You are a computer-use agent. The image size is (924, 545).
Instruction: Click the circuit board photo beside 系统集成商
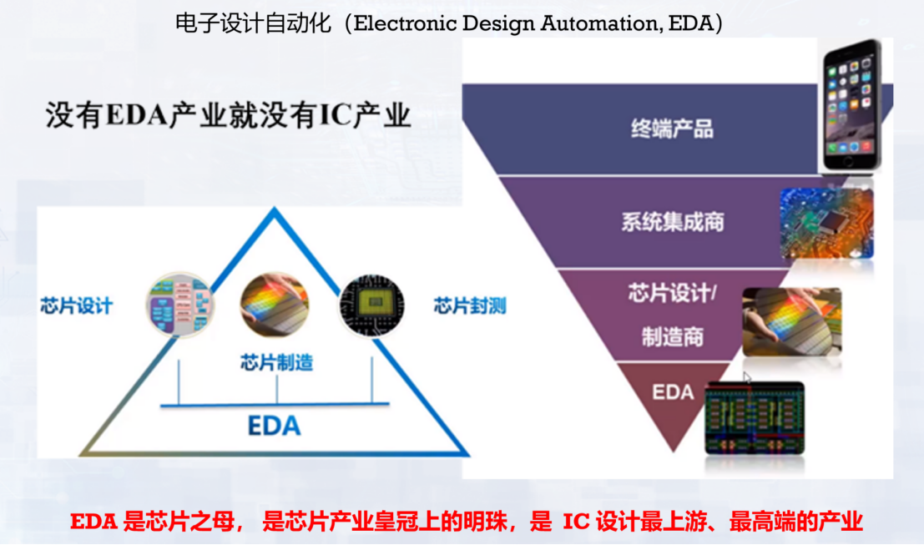(x=826, y=222)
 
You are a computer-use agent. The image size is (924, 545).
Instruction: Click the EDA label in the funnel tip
(x=673, y=391)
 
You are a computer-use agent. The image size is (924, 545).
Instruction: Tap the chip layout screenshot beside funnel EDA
(x=755, y=417)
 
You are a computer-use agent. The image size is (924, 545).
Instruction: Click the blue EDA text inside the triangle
(x=274, y=426)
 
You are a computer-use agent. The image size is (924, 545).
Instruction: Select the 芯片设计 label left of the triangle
(x=76, y=305)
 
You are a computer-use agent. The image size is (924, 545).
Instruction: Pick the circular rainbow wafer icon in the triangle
(x=275, y=305)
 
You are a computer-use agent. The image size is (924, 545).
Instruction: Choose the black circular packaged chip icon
(x=371, y=305)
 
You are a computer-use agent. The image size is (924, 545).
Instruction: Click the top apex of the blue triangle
(x=274, y=210)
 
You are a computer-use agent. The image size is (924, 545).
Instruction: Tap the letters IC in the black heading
(x=335, y=116)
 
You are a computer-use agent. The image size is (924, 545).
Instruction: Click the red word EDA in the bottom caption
(x=93, y=522)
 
